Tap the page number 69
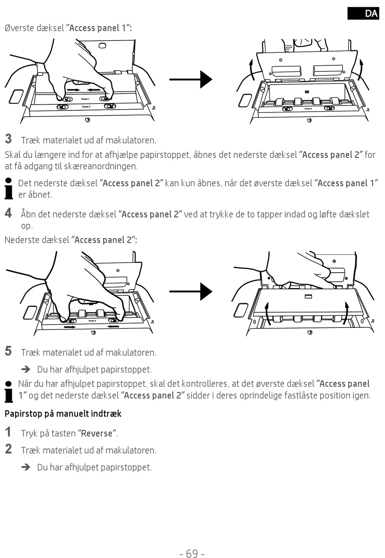point(192,553)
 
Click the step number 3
point(9,139)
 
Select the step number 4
point(9,213)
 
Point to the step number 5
point(9,351)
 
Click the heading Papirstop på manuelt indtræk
point(63,414)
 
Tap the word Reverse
point(96,433)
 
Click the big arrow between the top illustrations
point(190,79)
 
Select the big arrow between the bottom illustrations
point(190,291)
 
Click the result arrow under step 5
point(26,369)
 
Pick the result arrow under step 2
point(26,467)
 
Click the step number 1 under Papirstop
point(9,432)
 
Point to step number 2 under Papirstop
point(9,449)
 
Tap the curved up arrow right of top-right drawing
point(361,69)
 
